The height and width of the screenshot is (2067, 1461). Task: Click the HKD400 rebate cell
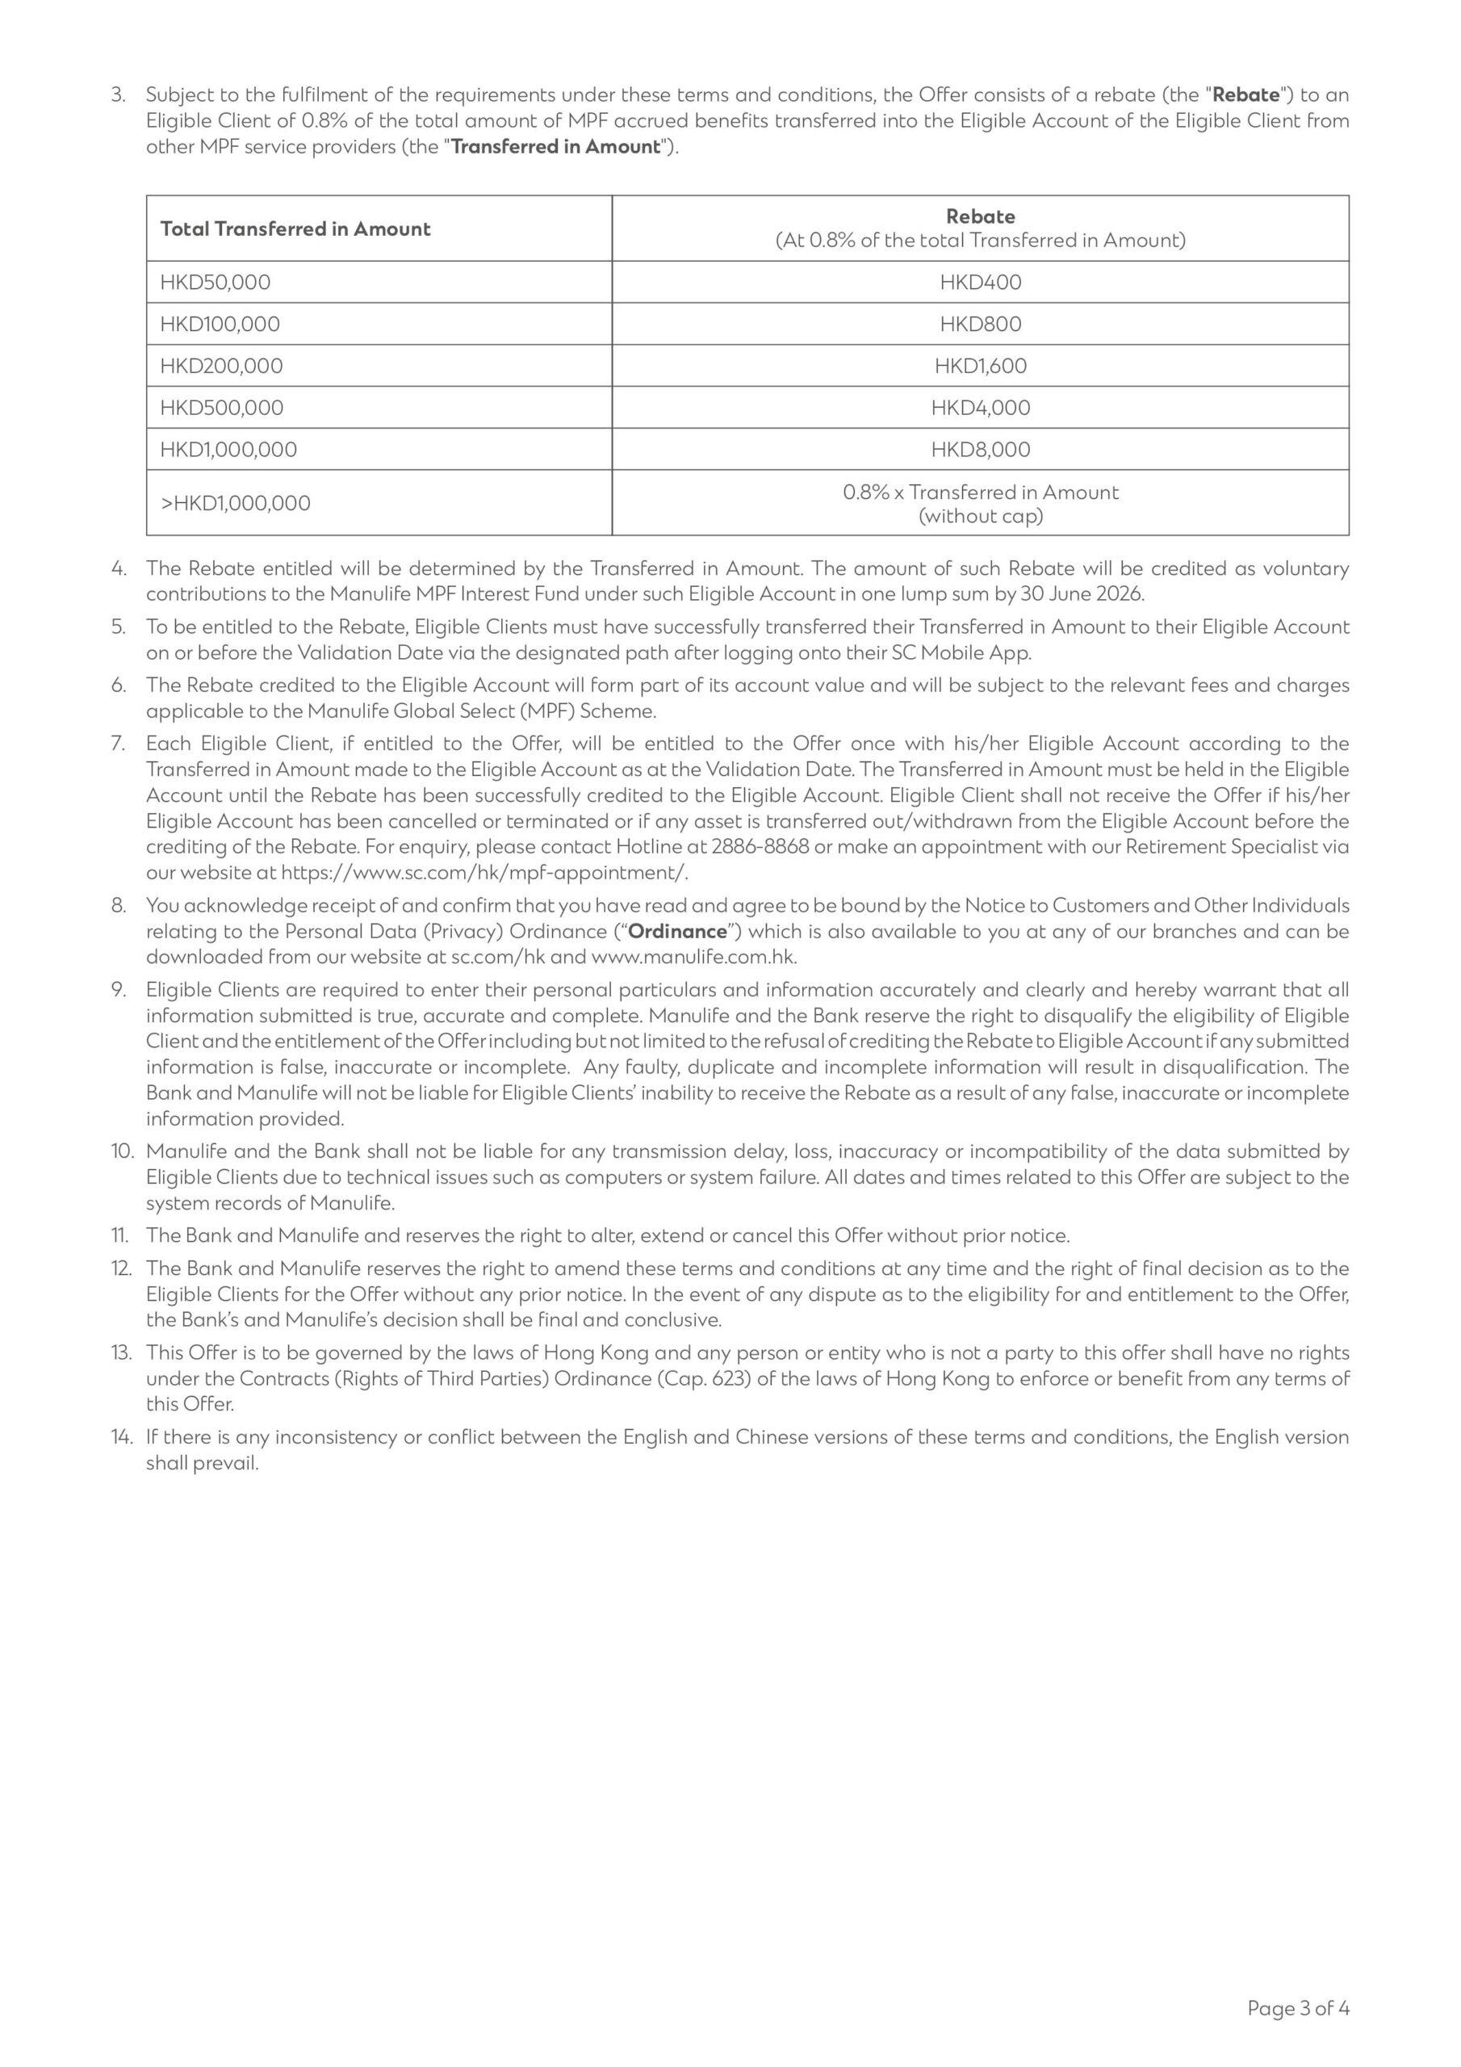(x=979, y=282)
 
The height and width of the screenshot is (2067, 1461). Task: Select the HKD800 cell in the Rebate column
(x=979, y=324)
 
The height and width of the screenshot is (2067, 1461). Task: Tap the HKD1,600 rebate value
(x=979, y=366)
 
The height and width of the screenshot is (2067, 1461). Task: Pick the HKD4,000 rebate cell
(x=979, y=408)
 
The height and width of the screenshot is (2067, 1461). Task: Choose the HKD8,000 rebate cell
(x=979, y=449)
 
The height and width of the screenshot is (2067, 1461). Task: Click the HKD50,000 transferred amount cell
(x=216, y=282)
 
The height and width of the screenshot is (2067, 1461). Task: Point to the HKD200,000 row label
(x=221, y=366)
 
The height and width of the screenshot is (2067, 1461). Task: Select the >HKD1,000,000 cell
(x=235, y=503)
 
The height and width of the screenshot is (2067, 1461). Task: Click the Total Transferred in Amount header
(x=295, y=229)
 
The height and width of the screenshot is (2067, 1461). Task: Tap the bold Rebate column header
(x=979, y=216)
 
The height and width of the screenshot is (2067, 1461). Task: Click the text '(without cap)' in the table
(x=979, y=516)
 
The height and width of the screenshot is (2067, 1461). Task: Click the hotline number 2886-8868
(x=760, y=847)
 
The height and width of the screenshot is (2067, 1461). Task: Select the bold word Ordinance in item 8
(x=677, y=931)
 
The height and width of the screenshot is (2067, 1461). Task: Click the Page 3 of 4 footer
(x=1297, y=2007)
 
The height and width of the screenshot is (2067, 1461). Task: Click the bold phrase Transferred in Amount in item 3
(x=555, y=147)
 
